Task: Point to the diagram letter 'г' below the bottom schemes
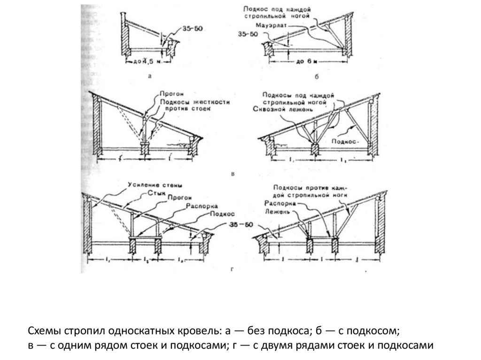[x=233, y=270]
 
